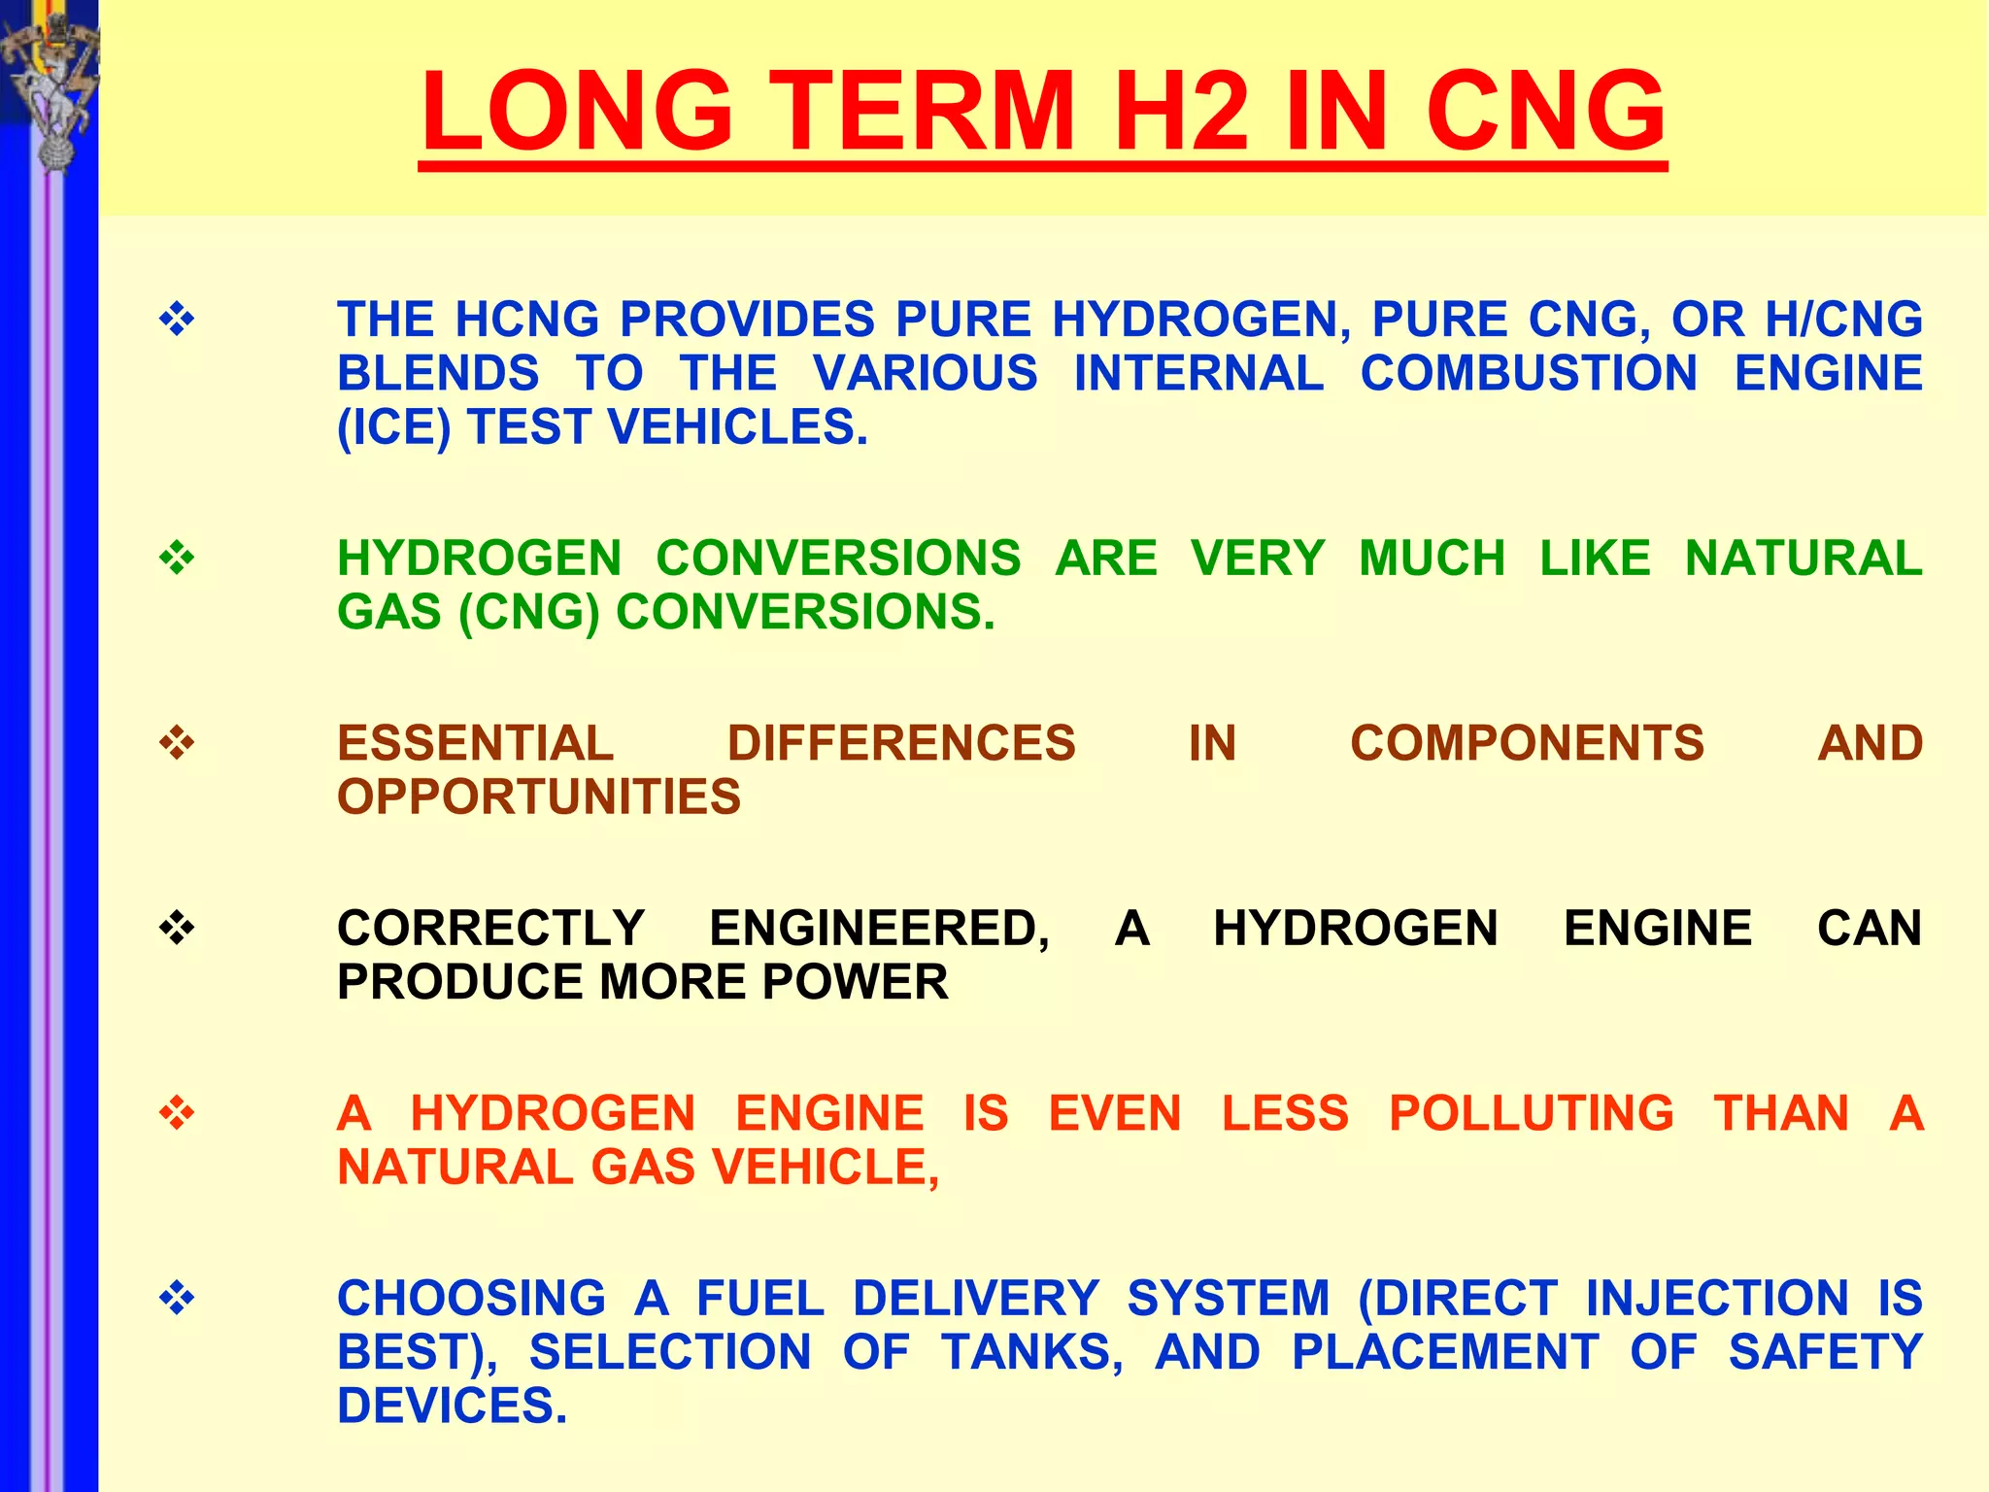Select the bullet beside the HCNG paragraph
tap(177, 320)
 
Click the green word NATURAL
tap(1804, 559)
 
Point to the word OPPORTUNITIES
tap(539, 797)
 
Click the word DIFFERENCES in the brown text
tap(901, 744)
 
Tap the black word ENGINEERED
tap(879, 929)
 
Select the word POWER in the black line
tap(855, 982)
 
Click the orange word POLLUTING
tap(1532, 1113)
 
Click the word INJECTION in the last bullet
tap(1717, 1299)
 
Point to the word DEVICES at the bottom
tap(452, 1406)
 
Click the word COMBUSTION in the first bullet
tap(1529, 374)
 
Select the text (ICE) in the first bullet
tap(393, 427)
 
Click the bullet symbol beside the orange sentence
tap(177, 1113)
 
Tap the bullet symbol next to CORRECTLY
tap(177, 929)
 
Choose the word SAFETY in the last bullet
tap(1825, 1352)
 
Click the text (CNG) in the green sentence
tap(528, 612)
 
